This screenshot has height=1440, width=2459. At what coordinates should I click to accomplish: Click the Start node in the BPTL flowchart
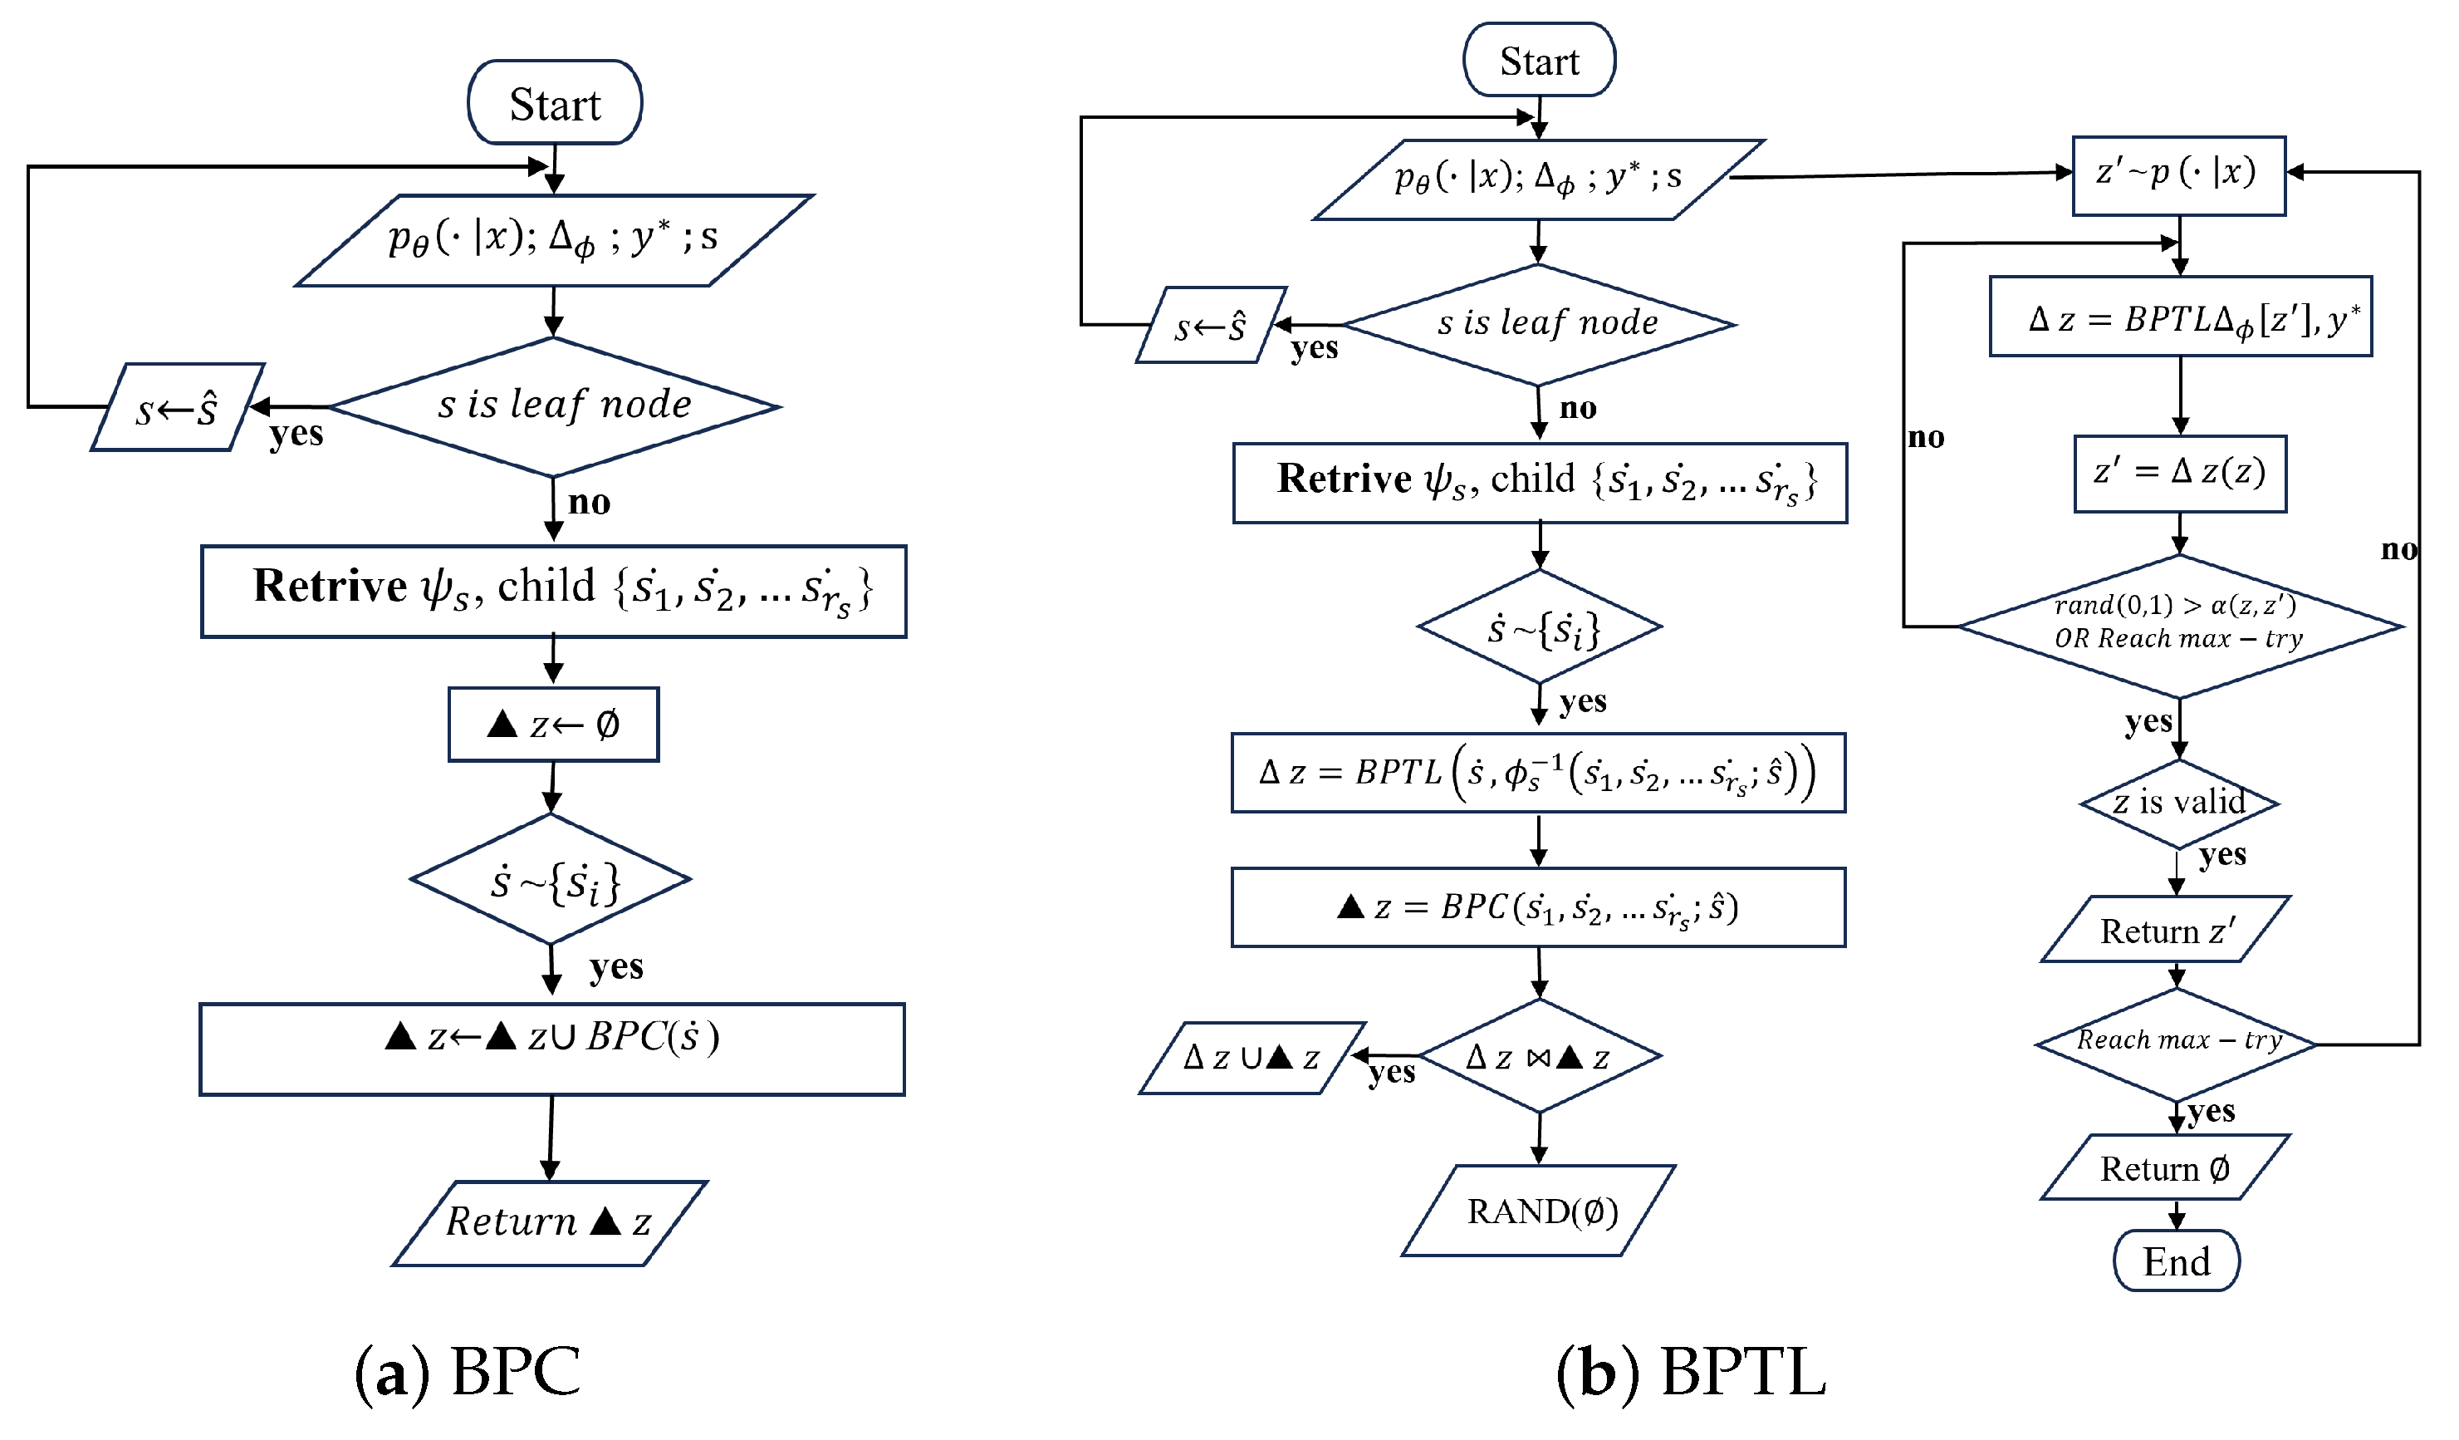1539,61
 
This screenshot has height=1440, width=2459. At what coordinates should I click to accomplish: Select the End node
2176,1261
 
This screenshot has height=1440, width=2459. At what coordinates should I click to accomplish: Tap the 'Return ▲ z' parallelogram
550,1222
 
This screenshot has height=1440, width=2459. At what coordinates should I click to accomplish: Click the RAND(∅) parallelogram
1539,1211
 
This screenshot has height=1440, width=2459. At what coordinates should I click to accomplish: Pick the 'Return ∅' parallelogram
2164,1167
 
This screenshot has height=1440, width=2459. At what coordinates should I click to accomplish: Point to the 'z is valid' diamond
2179,803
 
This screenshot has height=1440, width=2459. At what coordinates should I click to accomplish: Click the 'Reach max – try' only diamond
2177,1043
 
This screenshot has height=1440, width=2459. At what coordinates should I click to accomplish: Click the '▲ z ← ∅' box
553,725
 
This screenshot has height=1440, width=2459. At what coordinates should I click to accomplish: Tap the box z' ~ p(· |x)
2178,174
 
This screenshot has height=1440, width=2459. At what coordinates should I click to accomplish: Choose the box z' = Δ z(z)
2179,473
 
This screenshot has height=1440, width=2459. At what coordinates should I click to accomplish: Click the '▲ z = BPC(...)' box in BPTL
1538,907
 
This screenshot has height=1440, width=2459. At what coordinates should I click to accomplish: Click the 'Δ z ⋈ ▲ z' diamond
1539,1056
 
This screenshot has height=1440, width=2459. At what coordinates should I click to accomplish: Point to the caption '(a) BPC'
468,1371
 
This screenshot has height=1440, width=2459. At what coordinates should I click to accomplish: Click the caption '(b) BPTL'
1690,1371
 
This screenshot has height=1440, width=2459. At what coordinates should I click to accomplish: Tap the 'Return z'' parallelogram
2164,931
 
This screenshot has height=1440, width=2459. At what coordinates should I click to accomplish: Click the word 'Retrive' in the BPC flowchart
329,587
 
